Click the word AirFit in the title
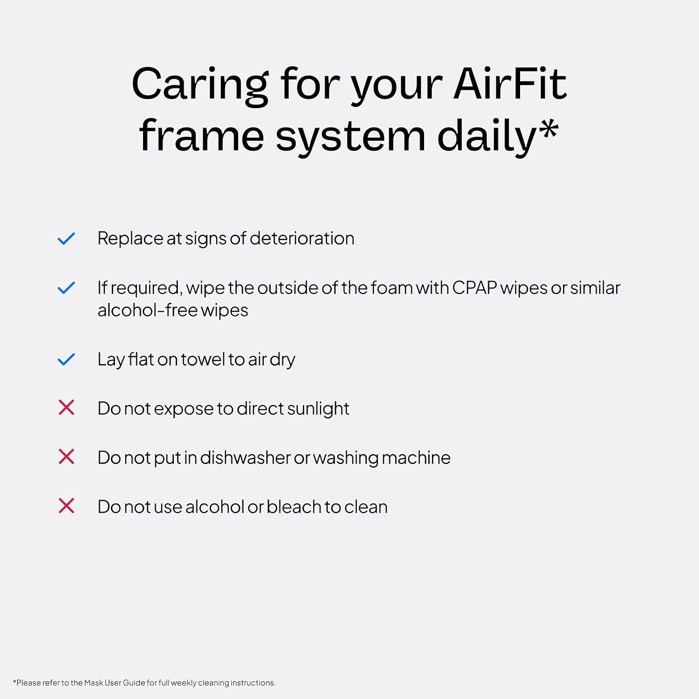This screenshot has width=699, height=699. tap(510, 84)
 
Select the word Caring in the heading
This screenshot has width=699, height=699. tap(200, 84)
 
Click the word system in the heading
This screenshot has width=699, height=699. tap(350, 137)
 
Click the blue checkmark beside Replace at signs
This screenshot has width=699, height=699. tap(66, 239)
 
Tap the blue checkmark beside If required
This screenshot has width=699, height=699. tap(66, 288)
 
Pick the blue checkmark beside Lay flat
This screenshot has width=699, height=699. tap(66, 359)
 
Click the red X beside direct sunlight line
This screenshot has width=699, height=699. tap(66, 408)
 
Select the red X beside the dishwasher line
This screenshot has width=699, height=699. tap(66, 457)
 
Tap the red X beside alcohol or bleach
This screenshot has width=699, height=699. tap(66, 506)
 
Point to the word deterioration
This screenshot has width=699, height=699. tap(302, 239)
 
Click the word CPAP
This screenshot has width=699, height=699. tap(474, 288)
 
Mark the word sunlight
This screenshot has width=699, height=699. tap(318, 409)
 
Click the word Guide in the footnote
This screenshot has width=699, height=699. tap(134, 683)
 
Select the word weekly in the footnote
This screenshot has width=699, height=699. tap(183, 683)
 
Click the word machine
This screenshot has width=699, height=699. tap(416, 458)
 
